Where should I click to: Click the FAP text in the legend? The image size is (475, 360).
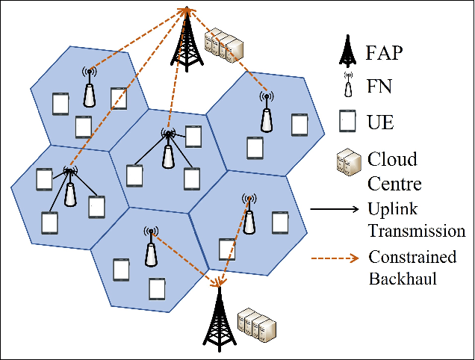(385, 54)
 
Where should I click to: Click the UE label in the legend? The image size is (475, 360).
(381, 120)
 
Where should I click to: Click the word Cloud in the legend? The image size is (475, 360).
(391, 160)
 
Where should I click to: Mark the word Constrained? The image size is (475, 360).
(412, 257)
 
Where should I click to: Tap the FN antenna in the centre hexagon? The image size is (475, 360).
(169, 149)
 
